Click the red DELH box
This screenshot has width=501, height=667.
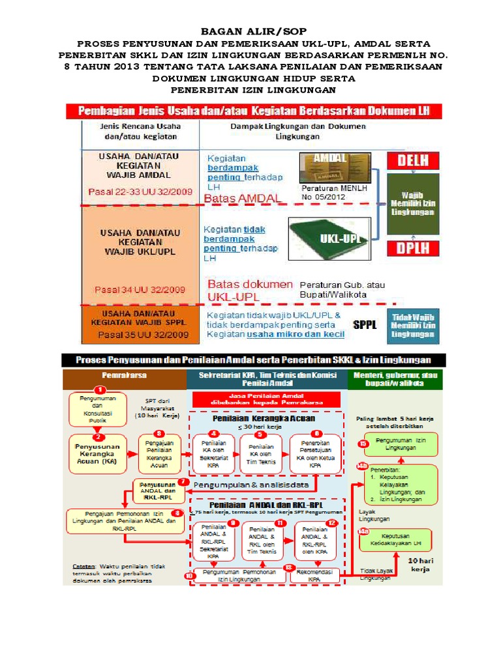(x=414, y=161)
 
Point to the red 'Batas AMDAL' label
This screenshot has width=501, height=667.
(x=242, y=197)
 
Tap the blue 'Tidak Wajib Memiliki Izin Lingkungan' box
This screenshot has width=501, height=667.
(x=415, y=325)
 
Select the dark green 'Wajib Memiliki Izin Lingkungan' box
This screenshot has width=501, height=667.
(x=414, y=203)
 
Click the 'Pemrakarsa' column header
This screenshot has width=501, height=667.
(x=124, y=376)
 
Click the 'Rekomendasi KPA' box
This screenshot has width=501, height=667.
(x=314, y=575)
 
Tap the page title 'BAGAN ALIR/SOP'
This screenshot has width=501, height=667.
(x=250, y=31)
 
